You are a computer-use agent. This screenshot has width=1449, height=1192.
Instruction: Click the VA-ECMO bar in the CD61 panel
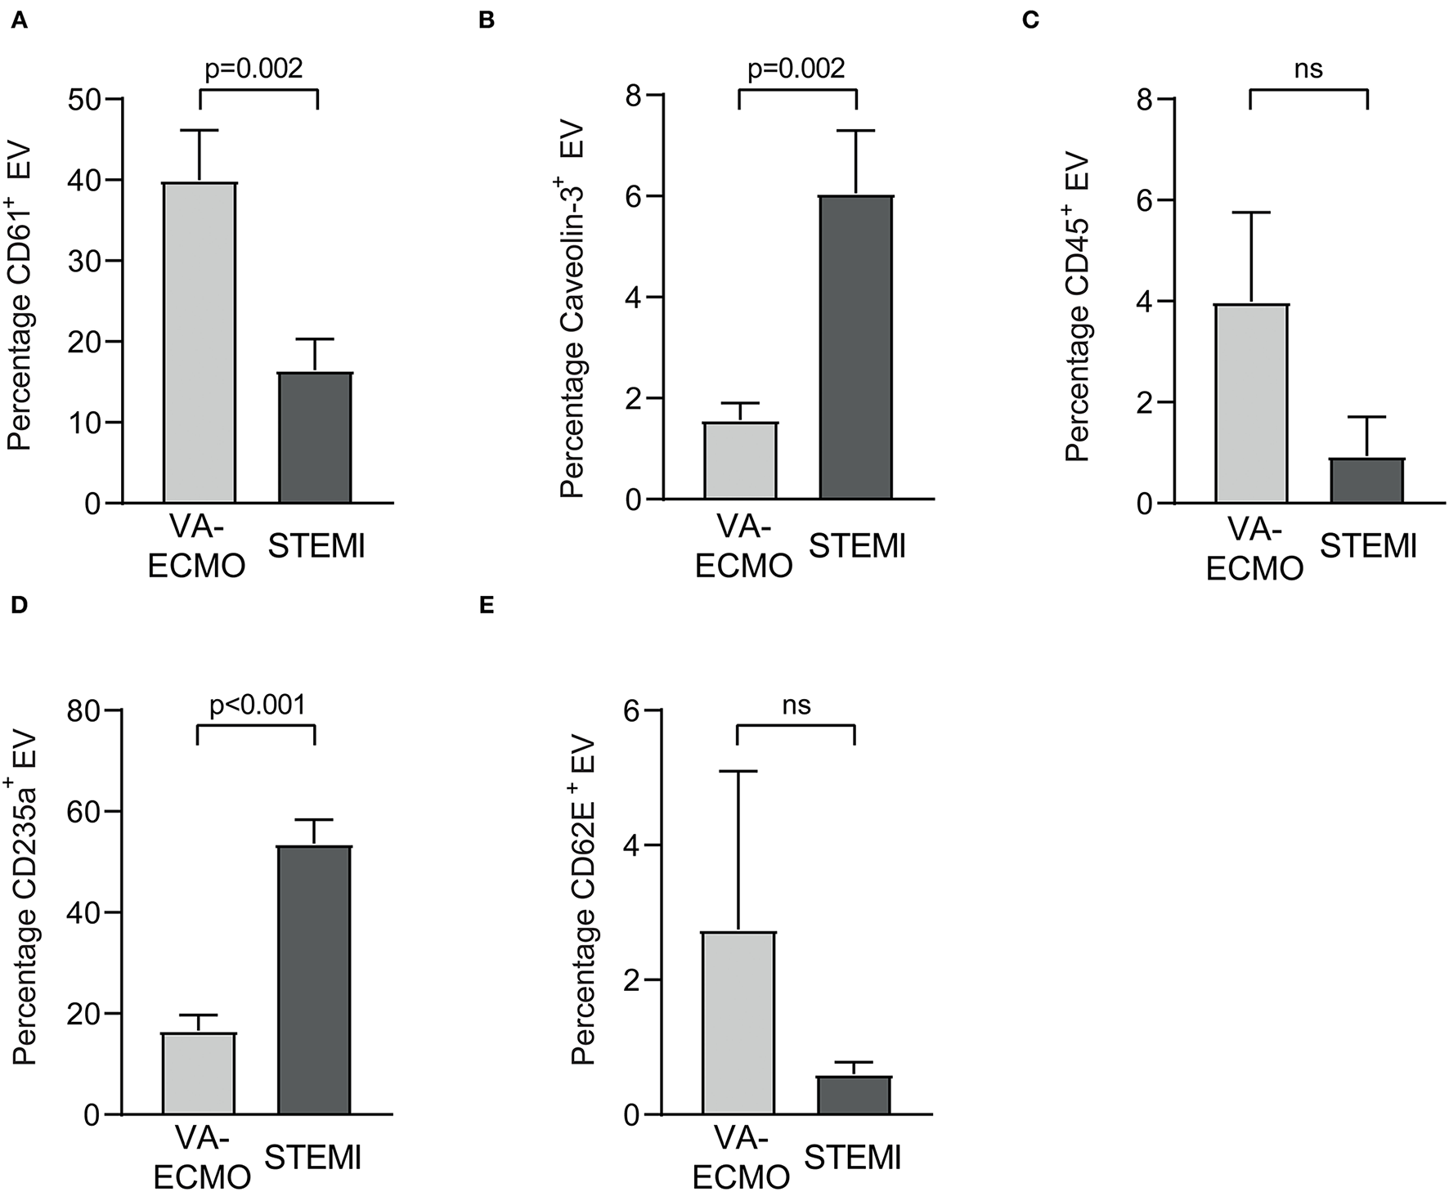pyautogui.click(x=200, y=343)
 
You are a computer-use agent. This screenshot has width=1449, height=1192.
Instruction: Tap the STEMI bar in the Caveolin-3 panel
pyautogui.click(x=856, y=347)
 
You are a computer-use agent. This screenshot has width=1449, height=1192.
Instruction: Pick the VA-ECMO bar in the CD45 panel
pyautogui.click(x=1252, y=403)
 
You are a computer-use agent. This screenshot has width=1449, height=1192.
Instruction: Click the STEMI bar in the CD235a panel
pyautogui.click(x=314, y=980)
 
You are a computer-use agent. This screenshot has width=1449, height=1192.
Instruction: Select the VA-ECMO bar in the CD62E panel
pyautogui.click(x=739, y=1023)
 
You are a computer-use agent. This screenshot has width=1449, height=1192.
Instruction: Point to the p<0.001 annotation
pyautogui.click(x=258, y=704)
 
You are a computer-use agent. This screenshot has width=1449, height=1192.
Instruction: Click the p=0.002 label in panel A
pyautogui.click(x=253, y=68)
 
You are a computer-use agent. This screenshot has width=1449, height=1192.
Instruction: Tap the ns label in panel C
pyautogui.click(x=1308, y=68)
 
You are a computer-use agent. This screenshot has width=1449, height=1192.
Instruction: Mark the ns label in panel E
pyautogui.click(x=796, y=704)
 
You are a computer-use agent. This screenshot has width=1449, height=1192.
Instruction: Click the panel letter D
pyautogui.click(x=19, y=606)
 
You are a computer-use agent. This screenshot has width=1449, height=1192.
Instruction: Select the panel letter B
pyautogui.click(x=487, y=20)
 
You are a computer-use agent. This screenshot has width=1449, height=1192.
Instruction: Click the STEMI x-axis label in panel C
pyautogui.click(x=1368, y=545)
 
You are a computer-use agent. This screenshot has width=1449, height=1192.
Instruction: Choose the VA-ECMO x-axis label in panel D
pyautogui.click(x=202, y=1156)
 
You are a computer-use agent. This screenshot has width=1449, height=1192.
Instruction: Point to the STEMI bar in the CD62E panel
pyautogui.click(x=854, y=1095)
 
